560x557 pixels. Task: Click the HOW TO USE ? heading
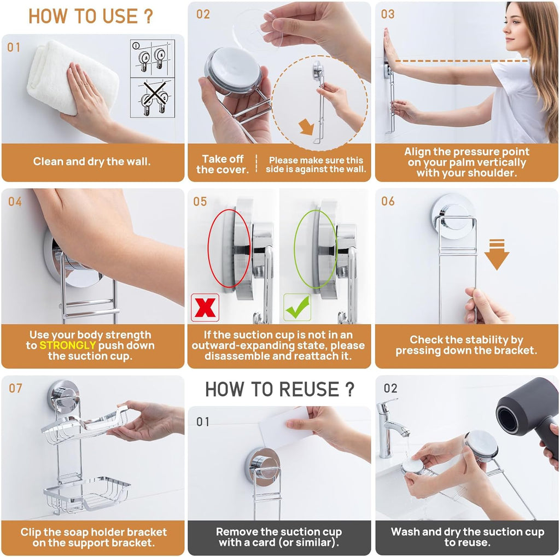click(91, 16)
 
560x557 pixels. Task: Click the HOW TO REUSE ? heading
click(279, 389)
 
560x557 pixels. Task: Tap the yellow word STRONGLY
click(67, 345)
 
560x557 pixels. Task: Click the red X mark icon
click(205, 308)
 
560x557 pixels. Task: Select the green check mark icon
click(297, 308)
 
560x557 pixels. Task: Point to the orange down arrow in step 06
click(496, 254)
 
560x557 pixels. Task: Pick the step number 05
click(200, 202)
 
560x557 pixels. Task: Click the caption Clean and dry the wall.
click(92, 161)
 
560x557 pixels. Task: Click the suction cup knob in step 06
click(452, 210)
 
